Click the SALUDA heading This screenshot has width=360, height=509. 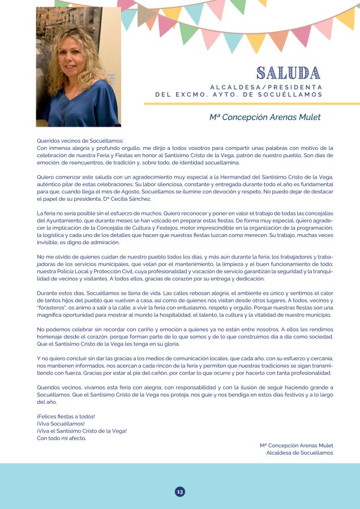tap(288, 73)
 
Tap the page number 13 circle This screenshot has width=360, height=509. tap(180, 491)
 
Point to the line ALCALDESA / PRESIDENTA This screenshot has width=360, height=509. tap(266, 87)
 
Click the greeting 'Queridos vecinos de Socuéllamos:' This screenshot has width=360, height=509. tap(80, 141)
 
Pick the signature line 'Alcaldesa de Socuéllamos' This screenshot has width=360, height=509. tap(299, 452)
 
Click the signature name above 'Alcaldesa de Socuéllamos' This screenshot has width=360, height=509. tap(297, 446)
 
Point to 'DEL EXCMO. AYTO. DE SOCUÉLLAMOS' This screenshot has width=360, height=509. tap(239, 94)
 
